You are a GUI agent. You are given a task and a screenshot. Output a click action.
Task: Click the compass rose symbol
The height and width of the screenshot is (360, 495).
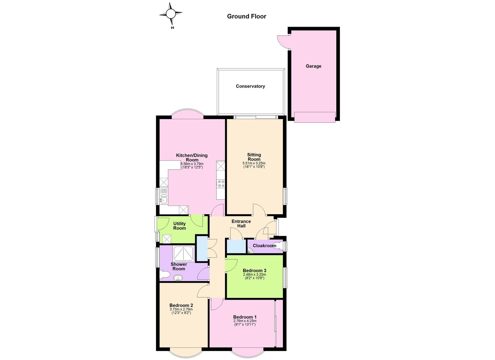[x=171, y=14]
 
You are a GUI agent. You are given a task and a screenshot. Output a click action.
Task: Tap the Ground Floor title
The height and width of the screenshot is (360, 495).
[x=247, y=16]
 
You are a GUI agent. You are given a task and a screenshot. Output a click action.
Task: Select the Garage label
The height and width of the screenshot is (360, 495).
[x=313, y=66]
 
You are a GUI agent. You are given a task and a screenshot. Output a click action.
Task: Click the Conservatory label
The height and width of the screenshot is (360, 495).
[x=250, y=86]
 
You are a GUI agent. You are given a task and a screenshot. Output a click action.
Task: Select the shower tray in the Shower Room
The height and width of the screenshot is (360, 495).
[x=183, y=254]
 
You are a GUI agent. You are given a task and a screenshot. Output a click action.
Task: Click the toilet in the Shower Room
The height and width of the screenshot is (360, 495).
[x=165, y=275]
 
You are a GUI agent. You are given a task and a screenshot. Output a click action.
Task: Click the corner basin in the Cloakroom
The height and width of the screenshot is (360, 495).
[x=250, y=251]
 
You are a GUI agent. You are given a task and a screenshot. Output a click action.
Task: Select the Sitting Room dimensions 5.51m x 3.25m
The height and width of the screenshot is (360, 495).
[x=254, y=163]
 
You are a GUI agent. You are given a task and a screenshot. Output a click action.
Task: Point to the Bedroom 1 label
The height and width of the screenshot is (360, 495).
[x=245, y=317]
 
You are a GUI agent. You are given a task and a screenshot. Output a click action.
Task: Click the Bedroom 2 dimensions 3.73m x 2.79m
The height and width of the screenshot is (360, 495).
[x=181, y=310]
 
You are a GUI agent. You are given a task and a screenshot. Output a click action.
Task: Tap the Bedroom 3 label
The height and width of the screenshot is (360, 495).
[x=254, y=271]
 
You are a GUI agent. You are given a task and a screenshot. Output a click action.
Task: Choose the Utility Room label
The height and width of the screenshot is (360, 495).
[x=180, y=226]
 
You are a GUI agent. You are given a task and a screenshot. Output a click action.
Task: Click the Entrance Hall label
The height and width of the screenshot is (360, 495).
[x=241, y=224]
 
